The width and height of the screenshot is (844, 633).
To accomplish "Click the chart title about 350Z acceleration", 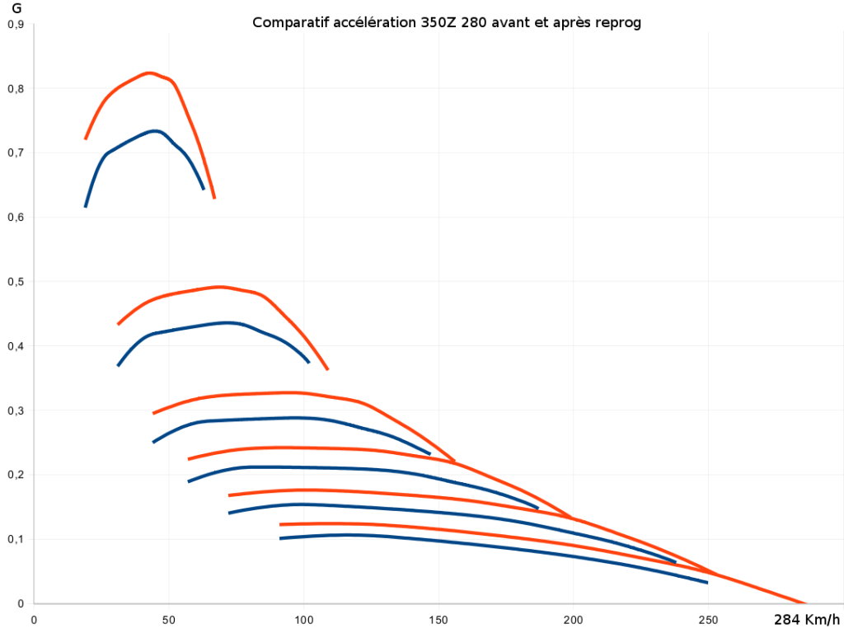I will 446,22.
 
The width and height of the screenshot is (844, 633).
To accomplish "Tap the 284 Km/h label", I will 807,620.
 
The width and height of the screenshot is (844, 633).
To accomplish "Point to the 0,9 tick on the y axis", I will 15,25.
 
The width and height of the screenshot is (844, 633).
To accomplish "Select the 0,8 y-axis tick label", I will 15,89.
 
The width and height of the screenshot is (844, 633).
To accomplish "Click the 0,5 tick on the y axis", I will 15,282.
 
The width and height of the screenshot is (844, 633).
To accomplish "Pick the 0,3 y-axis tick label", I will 15,410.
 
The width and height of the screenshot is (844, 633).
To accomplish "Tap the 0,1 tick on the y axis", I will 15,539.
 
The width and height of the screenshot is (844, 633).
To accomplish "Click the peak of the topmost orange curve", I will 148,73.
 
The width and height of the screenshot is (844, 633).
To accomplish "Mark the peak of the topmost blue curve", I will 154,130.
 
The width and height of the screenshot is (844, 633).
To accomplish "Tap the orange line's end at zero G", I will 804,603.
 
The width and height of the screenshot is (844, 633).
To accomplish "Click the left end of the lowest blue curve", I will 281,538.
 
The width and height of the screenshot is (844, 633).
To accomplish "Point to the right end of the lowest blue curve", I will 707,583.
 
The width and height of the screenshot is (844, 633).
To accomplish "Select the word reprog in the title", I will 619,22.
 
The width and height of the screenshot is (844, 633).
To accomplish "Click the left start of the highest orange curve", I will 86,138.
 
